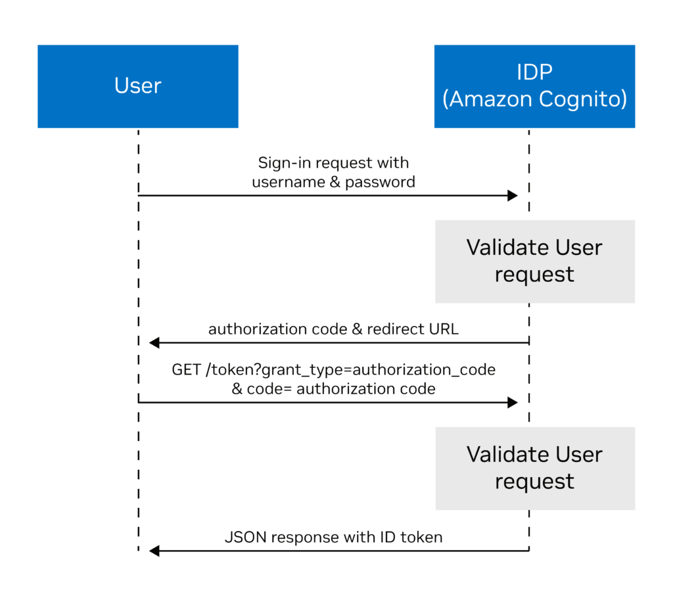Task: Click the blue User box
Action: [x=137, y=86]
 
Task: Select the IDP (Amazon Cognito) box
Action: [x=534, y=86]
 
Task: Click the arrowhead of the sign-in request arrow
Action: [x=513, y=195]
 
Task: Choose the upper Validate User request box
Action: [x=534, y=261]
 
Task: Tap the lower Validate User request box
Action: [x=534, y=468]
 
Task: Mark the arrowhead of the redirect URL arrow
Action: [x=154, y=342]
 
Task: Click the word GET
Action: [x=187, y=370]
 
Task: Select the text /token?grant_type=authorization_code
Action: [x=350, y=370]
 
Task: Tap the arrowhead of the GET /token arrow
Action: [x=513, y=402]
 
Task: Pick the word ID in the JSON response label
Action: [x=388, y=537]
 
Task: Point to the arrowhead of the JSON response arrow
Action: [x=154, y=551]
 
